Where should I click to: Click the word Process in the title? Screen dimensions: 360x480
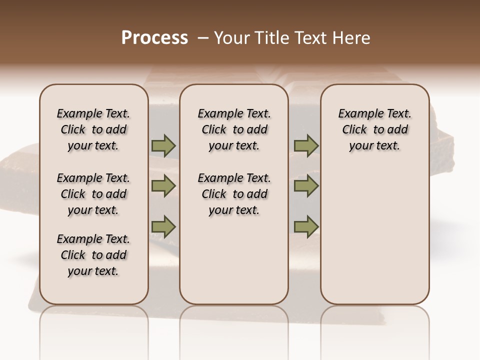[x=154, y=37]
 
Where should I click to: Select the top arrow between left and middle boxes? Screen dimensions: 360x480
[x=163, y=146]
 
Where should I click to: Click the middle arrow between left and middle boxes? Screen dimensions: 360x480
[x=163, y=186]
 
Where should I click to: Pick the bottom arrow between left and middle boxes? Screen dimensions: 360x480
[x=163, y=226]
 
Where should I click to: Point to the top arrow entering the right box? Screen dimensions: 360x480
[x=306, y=146]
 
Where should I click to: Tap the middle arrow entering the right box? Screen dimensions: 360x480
[x=306, y=186]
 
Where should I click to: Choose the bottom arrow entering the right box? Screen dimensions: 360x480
[x=306, y=226]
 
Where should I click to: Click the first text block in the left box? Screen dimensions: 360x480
[x=93, y=130]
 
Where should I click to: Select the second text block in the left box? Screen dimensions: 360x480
[x=93, y=194]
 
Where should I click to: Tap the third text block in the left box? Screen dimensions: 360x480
[x=93, y=255]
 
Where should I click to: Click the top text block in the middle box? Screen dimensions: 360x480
[x=234, y=130]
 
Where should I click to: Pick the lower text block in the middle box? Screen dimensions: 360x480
[x=234, y=194]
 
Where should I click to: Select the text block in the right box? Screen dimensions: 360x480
[x=374, y=130]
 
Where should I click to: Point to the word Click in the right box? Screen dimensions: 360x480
[x=354, y=130]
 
